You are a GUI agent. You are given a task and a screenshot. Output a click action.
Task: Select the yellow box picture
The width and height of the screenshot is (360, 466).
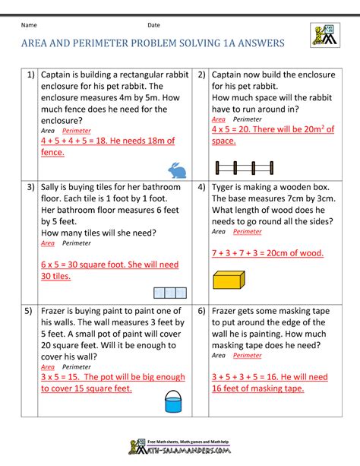(x=227, y=281)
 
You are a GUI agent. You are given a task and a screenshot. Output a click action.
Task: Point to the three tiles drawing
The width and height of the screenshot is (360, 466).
(x=169, y=293)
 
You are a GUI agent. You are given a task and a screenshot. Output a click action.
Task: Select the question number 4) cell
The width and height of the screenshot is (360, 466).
(x=202, y=187)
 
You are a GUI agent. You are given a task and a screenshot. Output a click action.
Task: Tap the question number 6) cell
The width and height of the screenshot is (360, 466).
(x=202, y=312)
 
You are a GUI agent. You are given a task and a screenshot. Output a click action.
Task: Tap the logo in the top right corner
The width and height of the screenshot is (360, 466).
(x=324, y=35)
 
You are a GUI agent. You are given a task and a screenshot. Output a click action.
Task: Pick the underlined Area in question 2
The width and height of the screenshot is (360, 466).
(x=218, y=119)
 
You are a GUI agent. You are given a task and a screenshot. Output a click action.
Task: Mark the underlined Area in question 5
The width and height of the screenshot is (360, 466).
(x=47, y=366)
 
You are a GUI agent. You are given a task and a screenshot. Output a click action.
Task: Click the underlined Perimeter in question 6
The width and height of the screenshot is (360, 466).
(x=247, y=355)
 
